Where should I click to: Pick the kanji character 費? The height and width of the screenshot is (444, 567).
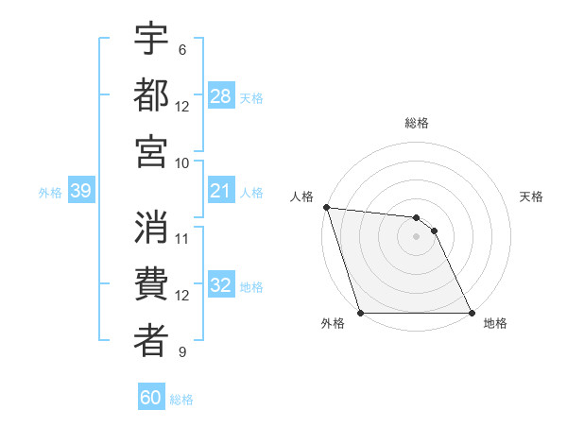coord(151,284)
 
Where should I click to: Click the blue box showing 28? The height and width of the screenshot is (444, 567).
coord(221,96)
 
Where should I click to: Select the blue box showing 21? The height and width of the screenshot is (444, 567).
coord(221,192)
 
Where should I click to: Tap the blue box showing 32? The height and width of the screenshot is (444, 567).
coord(221,286)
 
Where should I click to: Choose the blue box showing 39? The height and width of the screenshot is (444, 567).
coord(81,192)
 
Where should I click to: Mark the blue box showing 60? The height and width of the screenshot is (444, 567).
coord(151,398)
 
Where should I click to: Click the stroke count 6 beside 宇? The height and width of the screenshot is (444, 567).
coord(182,49)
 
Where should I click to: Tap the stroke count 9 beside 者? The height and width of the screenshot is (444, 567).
coord(182,352)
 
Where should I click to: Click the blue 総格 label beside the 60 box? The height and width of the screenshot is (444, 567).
coord(181,400)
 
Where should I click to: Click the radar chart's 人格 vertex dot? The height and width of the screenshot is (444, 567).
coord(326,207)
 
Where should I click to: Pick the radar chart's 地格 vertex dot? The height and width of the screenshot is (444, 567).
coord(471,312)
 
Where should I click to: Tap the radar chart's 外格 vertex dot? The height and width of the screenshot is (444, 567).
coord(360,312)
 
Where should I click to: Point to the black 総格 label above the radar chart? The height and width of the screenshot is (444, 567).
coord(417,123)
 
